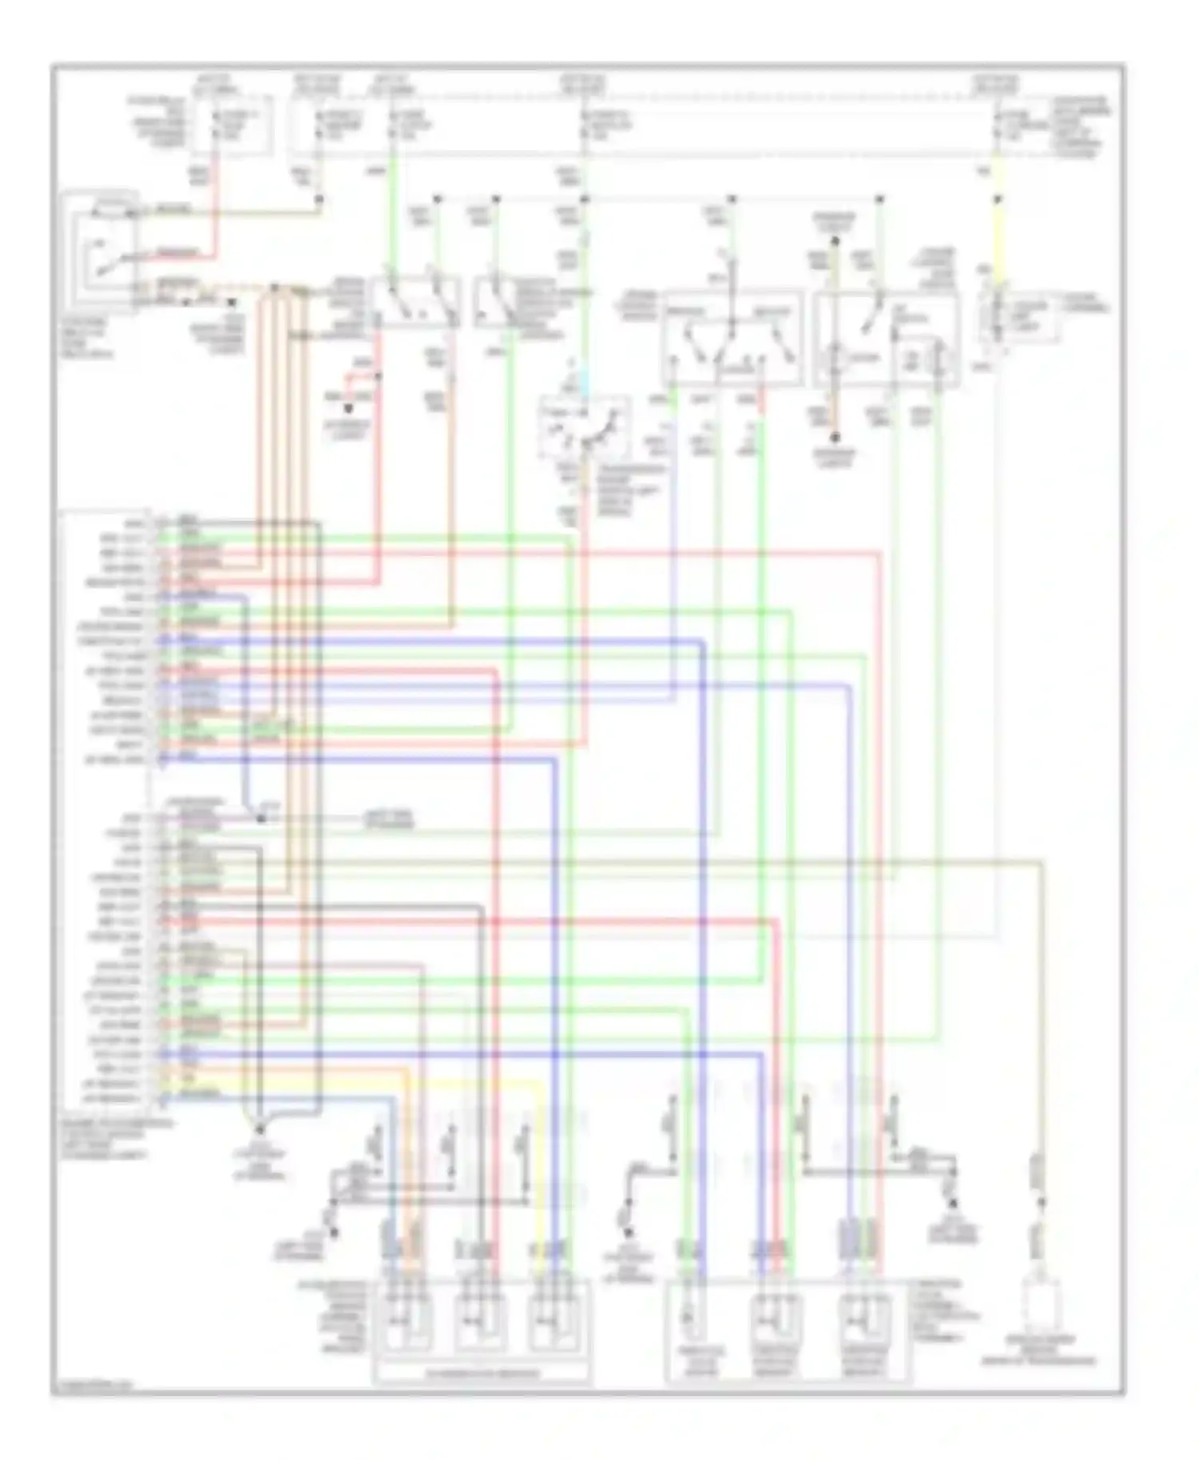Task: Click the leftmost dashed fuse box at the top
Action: coord(231,125)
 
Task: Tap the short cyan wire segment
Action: coord(585,382)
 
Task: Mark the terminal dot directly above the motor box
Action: coord(835,238)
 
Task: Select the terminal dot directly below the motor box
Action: coord(835,438)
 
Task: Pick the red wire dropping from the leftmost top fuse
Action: coord(214,216)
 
